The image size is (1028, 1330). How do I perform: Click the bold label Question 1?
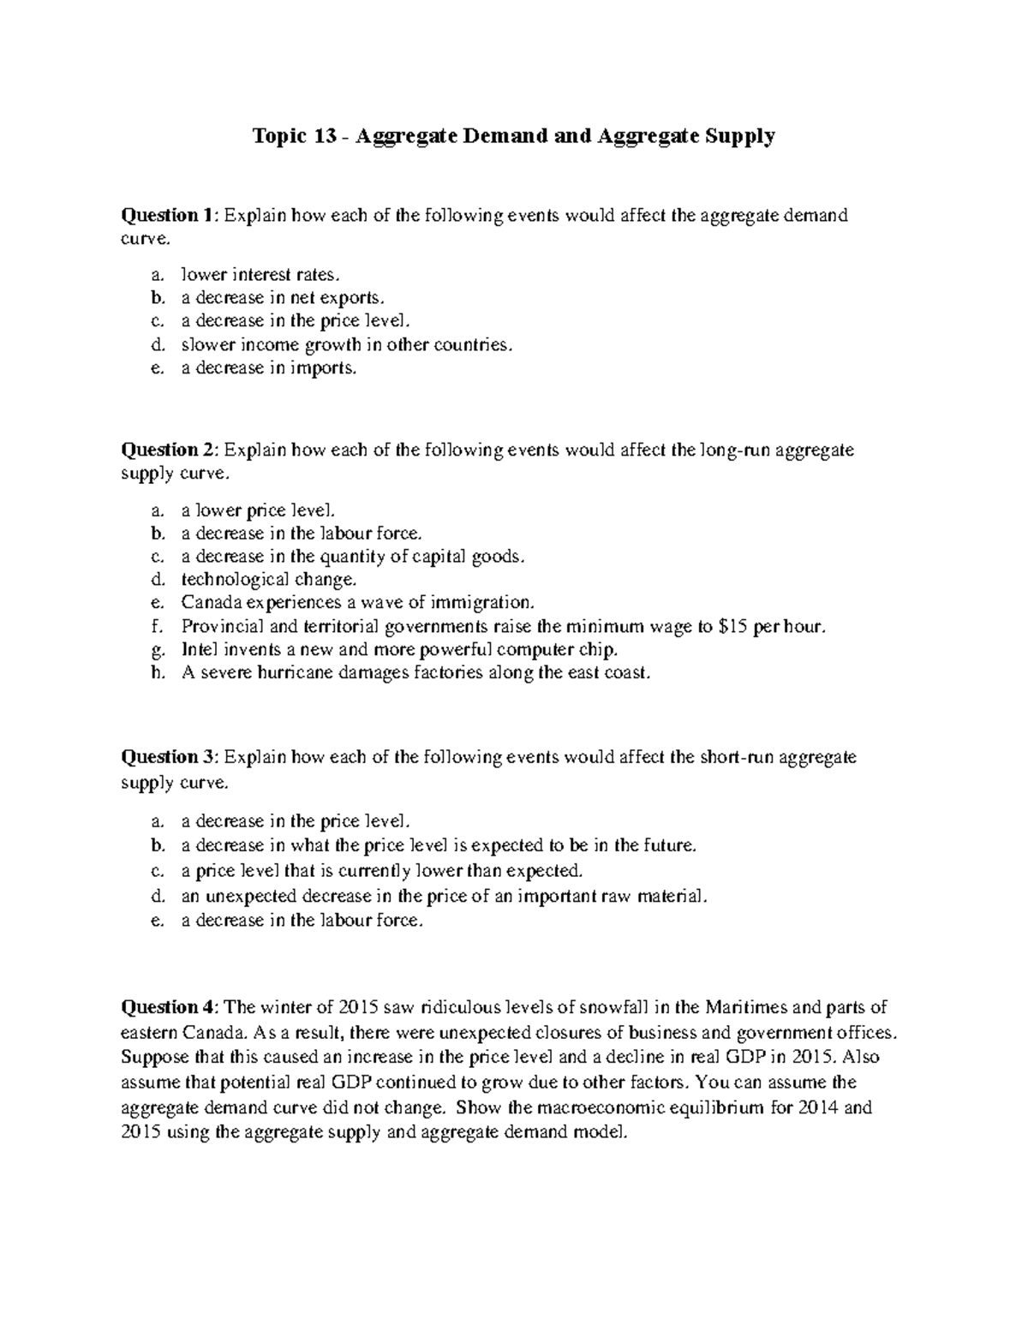170,215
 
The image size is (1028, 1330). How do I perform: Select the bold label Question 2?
170,450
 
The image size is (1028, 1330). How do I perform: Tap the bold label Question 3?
170,757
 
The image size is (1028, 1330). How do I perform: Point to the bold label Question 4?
170,1006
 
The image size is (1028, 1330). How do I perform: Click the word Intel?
199,649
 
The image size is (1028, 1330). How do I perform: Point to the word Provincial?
220,626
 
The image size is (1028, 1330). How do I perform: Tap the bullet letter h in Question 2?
156,673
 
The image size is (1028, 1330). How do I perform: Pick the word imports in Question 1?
323,368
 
